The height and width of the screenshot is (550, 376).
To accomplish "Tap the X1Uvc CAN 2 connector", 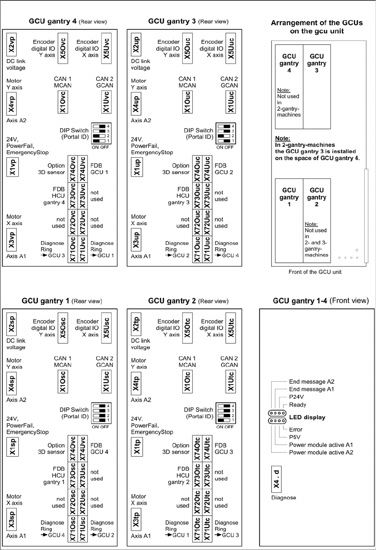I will pos(106,102).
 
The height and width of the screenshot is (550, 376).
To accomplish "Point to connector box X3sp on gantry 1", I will pos(12,519).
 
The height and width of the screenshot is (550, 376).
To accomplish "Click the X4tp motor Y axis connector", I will pos(136,382).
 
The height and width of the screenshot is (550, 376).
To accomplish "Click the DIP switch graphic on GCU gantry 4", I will pos(101,133).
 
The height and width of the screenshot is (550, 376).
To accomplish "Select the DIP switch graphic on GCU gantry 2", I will pos(226,413).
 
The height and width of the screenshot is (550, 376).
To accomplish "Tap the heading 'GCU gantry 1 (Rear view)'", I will pos(62,301).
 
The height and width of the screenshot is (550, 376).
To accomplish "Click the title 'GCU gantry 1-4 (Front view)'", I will pos(321,301).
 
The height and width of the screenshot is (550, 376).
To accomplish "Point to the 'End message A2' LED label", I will pos(311,382).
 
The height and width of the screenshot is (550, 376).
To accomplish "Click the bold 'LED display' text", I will pos(307,417).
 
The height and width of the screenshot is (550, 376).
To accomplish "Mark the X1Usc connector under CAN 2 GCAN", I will pos(106,381).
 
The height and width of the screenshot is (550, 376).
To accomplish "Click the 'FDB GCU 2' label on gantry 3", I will pos(224,169).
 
